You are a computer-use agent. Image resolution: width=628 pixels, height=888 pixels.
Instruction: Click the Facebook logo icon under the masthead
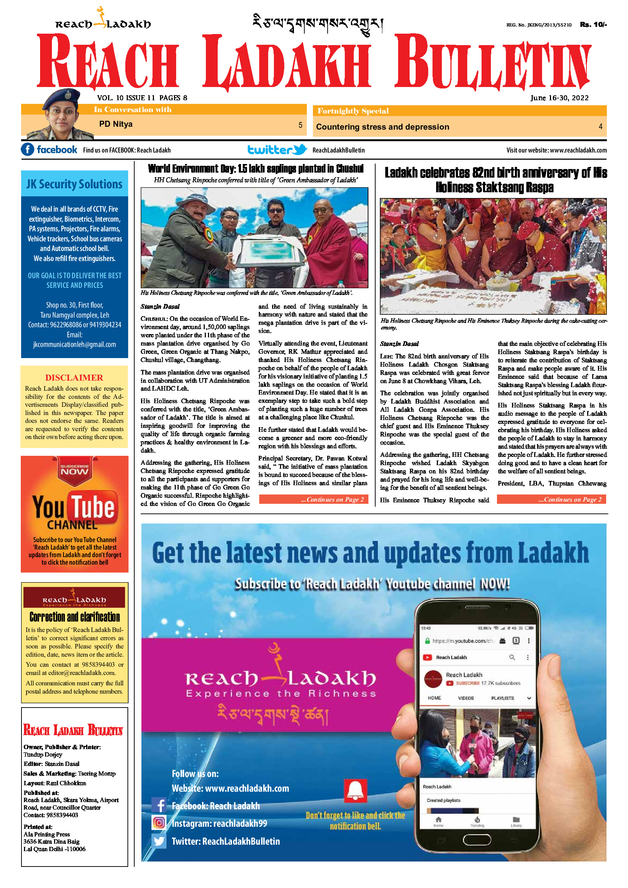[x=28, y=150]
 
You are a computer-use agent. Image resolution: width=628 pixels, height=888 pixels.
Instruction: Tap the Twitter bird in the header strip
[x=300, y=149]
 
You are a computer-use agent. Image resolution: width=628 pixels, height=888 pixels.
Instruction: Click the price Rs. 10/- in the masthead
[x=593, y=25]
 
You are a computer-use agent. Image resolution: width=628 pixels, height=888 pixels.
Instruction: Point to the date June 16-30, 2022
[x=559, y=98]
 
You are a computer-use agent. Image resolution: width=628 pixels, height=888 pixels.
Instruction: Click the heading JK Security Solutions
[x=74, y=184]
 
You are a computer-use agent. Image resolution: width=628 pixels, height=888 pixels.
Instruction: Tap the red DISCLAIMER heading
[x=74, y=377]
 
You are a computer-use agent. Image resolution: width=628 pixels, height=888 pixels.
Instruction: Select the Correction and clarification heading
[x=74, y=617]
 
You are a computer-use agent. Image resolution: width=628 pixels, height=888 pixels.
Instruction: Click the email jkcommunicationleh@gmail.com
[x=74, y=344]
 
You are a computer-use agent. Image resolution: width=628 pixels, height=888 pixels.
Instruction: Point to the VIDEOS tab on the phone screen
[x=465, y=698]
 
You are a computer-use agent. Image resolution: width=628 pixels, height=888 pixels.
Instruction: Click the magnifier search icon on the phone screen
[x=512, y=657]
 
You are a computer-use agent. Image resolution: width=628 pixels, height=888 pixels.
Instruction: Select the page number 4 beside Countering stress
[x=600, y=126]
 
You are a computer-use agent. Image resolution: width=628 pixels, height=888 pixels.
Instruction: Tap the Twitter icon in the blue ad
[x=159, y=841]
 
